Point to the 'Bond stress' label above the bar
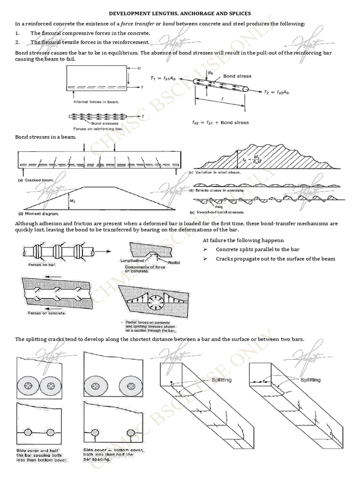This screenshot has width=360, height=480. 237,76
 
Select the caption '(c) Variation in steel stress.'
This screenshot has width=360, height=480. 215,172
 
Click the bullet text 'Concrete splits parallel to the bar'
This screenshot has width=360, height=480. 257,249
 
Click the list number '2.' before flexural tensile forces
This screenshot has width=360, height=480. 17,42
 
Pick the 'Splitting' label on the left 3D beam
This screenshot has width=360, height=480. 221,380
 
